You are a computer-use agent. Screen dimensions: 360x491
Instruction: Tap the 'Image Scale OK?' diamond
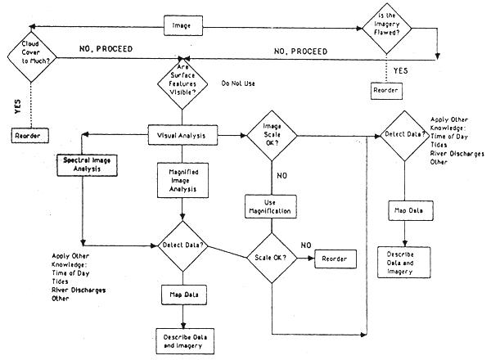click(270, 134)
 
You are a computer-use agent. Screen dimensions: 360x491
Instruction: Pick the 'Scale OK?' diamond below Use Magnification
click(271, 259)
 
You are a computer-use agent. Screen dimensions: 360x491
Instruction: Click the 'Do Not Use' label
click(239, 83)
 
